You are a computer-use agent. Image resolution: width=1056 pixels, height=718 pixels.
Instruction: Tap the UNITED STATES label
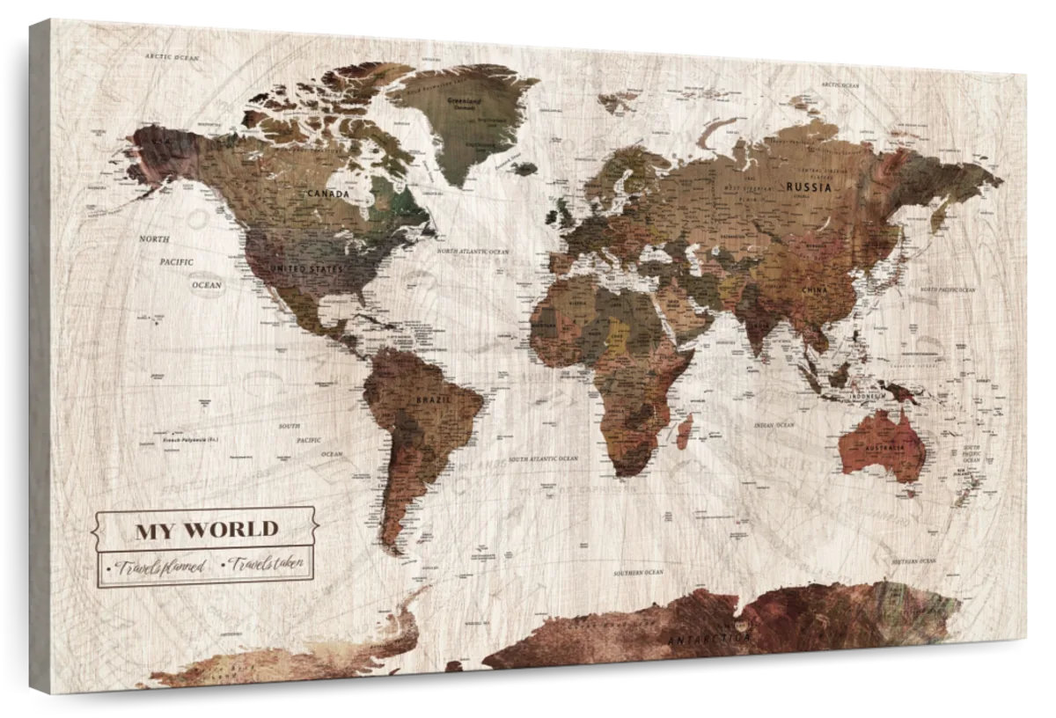point(307,267)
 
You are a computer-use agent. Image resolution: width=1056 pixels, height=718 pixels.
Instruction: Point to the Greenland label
point(465,102)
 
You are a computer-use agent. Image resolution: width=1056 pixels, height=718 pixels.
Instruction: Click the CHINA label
point(814,289)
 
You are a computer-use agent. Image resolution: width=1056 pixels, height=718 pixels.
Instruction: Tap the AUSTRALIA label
point(884,449)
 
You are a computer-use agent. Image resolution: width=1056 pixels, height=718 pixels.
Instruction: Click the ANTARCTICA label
point(709,637)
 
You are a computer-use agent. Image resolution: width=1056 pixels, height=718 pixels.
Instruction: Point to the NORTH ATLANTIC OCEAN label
point(473,252)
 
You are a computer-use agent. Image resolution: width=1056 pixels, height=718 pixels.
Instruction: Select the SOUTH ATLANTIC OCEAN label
point(543,458)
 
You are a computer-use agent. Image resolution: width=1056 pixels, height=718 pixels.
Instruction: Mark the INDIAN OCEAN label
point(774,425)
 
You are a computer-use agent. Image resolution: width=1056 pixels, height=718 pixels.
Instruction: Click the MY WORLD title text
point(206,530)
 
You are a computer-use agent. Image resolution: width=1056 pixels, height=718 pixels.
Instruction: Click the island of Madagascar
point(684,431)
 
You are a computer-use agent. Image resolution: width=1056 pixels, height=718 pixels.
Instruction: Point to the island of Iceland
point(525,167)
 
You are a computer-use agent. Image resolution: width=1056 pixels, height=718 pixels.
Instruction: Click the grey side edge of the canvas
point(40,352)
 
